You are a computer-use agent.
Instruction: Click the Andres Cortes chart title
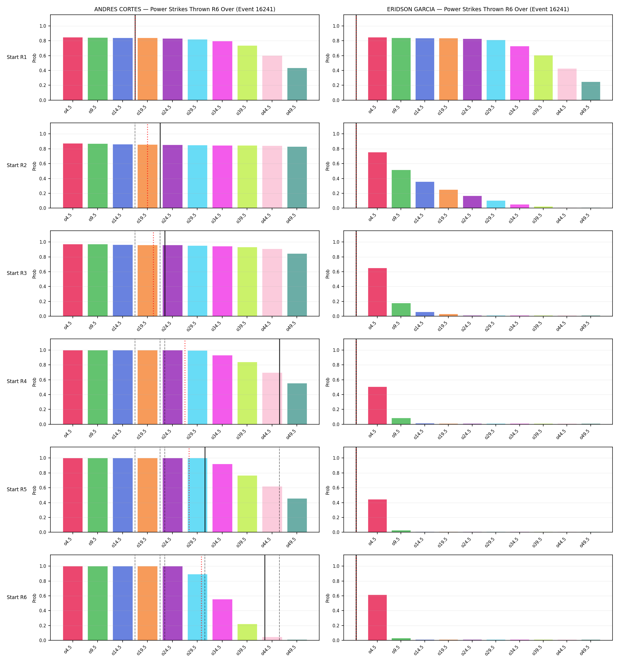[185, 9]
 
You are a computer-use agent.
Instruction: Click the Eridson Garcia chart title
[478, 9]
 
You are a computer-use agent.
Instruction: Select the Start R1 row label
[17, 57]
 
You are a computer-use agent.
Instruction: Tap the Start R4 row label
[17, 382]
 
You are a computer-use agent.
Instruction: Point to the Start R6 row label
[17, 597]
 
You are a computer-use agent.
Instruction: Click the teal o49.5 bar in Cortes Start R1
[297, 84]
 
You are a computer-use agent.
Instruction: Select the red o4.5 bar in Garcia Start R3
[377, 292]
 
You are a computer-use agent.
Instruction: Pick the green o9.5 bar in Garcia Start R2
[401, 189]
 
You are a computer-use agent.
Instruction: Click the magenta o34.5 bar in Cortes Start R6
[222, 620]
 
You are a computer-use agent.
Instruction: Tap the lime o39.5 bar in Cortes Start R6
[247, 632]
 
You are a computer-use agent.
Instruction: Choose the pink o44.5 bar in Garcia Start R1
[567, 84]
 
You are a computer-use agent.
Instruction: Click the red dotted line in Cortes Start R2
[147, 166]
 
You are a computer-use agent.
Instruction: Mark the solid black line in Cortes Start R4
[280, 382]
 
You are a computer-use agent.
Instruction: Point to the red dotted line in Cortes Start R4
[185, 382]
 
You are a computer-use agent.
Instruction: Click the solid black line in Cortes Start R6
[265, 598]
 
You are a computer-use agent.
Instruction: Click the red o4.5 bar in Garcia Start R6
[377, 618]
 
